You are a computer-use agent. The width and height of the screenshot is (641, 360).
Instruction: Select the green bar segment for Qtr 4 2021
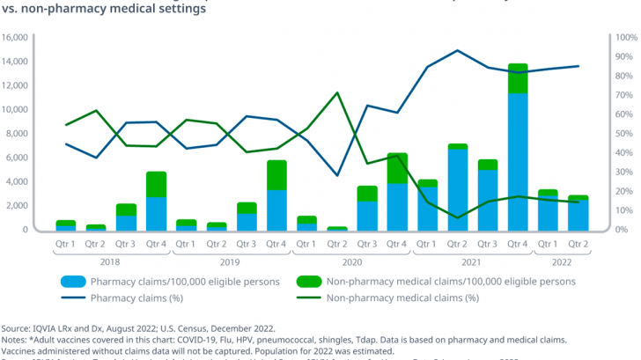[x=518, y=77]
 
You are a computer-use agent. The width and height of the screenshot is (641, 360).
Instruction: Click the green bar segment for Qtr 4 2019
[x=276, y=174]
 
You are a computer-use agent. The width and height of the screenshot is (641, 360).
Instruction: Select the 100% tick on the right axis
[x=624, y=38]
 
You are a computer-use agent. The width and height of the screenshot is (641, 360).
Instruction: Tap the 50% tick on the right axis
[x=622, y=134]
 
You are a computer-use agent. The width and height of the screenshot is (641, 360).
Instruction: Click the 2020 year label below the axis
[x=351, y=261]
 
